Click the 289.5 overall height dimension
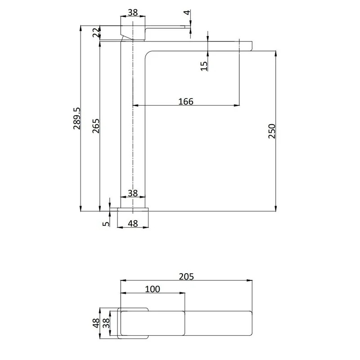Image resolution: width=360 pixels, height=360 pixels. tap(77, 118)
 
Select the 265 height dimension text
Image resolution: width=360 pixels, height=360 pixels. tap(96, 126)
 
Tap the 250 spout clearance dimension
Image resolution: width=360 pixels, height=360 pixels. tap(272, 131)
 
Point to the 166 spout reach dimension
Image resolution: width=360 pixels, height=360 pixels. tap(186, 101)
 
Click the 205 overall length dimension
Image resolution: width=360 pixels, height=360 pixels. tap(186, 277)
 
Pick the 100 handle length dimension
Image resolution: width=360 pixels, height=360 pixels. tap(153, 289)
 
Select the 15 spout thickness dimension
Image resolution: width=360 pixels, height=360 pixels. tap(204, 66)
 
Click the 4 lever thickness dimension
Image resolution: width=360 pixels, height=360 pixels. tap(188, 13)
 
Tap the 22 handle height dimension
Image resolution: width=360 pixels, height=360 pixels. tap(96, 32)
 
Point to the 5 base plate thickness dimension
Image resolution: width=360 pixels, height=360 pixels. tap(106, 223)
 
